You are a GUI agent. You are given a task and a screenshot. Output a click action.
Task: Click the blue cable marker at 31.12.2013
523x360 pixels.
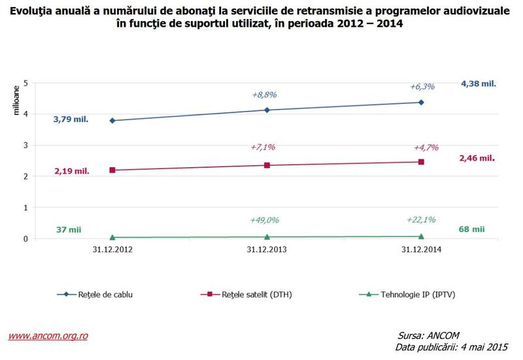[267, 110]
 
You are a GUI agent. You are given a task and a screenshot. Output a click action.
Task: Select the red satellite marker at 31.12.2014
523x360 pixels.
[421, 161]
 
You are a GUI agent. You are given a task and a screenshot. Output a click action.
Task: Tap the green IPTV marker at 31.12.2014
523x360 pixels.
[421, 236]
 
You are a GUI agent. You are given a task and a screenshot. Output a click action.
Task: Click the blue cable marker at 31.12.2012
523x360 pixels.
[112, 120]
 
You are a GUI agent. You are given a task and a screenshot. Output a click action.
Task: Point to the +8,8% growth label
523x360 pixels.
[264, 95]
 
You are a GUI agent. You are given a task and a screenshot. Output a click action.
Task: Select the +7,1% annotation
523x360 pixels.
[263, 147]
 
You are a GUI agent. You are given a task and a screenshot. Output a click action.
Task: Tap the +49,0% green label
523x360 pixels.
[265, 220]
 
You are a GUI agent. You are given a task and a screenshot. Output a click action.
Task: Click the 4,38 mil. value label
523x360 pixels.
[479, 84]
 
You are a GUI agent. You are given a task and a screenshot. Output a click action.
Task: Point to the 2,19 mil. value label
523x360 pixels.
[71, 171]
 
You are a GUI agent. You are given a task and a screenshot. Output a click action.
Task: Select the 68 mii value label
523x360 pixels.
[471, 229]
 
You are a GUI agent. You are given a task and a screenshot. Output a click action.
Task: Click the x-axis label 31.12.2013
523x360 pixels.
[267, 250]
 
